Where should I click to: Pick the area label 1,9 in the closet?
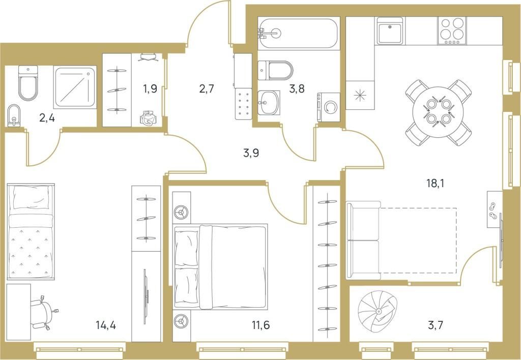pyautogui.click(x=150, y=89)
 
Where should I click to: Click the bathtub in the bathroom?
pyautogui.click(x=297, y=34)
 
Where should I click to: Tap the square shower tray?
pyautogui.click(x=75, y=88)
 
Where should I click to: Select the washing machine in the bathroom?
pyautogui.click(x=329, y=108)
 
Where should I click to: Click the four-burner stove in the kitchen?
pyautogui.click(x=451, y=31)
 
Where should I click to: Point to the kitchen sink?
pyautogui.click(x=390, y=31)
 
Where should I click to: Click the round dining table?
pyautogui.click(x=439, y=112)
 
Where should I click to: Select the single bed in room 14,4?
pyautogui.click(x=31, y=231)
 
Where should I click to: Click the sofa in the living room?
pyautogui.click(x=363, y=241)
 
